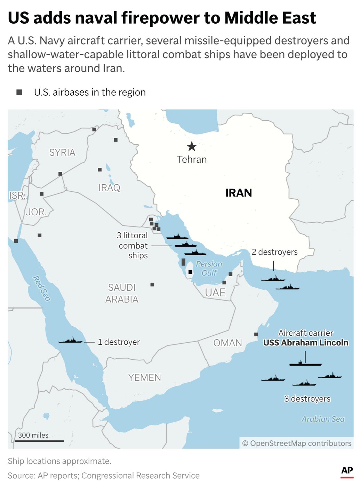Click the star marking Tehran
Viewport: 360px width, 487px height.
tap(192, 146)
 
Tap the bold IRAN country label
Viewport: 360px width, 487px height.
tap(239, 193)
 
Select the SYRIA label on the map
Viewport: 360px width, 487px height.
tap(62, 152)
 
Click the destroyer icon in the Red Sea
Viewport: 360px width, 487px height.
tap(71, 341)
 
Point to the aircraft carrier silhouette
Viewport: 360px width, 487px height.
tap(305, 364)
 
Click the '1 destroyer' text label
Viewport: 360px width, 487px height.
tap(119, 342)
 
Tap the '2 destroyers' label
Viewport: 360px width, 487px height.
tap(274, 252)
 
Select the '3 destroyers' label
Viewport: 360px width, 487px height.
tap(307, 399)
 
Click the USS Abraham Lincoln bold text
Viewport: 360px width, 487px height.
tap(306, 343)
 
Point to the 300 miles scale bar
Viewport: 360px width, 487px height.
tap(39, 441)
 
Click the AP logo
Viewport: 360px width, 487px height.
tap(347, 471)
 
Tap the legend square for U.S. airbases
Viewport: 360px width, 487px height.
tap(19, 92)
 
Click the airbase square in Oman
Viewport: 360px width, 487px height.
tap(256, 334)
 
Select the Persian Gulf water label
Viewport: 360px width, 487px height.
tap(209, 268)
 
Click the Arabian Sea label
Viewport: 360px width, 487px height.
tap(323, 419)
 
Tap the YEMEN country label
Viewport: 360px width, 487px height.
tap(144, 377)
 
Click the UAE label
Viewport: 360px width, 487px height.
tap(215, 293)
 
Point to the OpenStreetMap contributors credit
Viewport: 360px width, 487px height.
tap(297, 443)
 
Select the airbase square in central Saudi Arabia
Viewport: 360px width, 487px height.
tap(152, 285)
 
